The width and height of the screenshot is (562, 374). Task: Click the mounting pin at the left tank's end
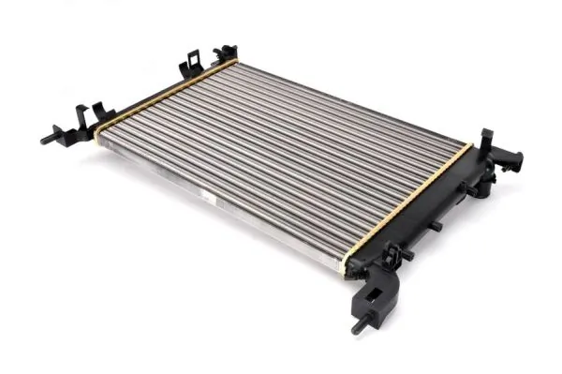tap(47, 140)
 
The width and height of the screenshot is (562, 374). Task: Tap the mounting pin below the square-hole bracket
tap(359, 328)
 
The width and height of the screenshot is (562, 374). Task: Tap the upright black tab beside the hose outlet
tap(487, 141)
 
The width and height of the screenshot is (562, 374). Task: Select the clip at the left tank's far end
tap(226, 53)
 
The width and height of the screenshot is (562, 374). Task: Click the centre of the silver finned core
tap(281, 159)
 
